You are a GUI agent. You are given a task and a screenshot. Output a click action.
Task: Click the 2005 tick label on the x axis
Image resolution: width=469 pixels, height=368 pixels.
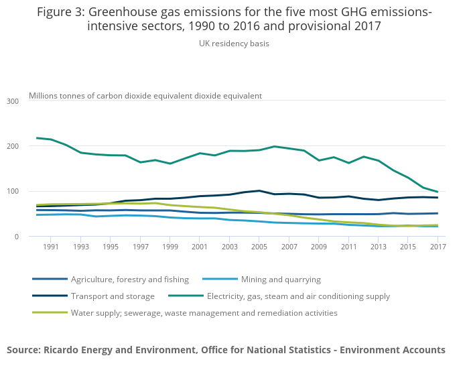pyautogui.click(x=259, y=247)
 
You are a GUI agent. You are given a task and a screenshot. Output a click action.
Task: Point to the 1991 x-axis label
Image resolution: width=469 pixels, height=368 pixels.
pyautogui.click(x=51, y=247)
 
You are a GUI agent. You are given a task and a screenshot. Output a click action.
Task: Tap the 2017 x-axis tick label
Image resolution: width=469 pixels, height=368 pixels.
pyautogui.click(x=438, y=247)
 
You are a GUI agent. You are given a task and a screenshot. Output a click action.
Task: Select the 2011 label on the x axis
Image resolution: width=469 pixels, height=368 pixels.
pyautogui.click(x=349, y=247)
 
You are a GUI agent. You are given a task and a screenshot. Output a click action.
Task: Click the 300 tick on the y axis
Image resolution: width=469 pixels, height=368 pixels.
pyautogui.click(x=13, y=101)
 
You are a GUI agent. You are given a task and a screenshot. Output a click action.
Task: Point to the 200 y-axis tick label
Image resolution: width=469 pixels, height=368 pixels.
pyautogui.click(x=13, y=146)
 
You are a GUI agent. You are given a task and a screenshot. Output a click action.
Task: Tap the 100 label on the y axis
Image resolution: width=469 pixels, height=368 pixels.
pyautogui.click(x=13, y=192)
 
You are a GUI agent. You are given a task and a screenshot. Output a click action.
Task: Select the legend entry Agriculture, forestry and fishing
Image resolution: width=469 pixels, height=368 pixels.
pyautogui.click(x=130, y=280)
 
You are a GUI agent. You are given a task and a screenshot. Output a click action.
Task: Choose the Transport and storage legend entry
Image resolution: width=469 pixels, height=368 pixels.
pyautogui.click(x=113, y=296)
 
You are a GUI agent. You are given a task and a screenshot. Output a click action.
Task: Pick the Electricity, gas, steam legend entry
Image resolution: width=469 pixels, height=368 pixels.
pyautogui.click(x=298, y=296)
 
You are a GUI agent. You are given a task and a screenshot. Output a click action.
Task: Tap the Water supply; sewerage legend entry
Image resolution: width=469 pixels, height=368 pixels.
pyautogui.click(x=204, y=313)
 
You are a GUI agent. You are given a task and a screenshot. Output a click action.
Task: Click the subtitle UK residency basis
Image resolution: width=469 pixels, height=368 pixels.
pyautogui.click(x=234, y=44)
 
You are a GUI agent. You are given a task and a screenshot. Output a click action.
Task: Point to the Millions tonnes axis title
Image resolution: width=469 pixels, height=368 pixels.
pyautogui.click(x=145, y=96)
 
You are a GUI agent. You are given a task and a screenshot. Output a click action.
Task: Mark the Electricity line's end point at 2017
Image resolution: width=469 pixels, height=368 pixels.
pyautogui.click(x=438, y=192)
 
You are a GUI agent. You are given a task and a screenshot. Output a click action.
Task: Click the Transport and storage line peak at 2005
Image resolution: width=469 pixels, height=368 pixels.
pyautogui.click(x=259, y=190)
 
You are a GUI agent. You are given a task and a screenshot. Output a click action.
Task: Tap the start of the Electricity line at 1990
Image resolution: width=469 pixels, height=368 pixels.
pyautogui.click(x=36, y=138)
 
